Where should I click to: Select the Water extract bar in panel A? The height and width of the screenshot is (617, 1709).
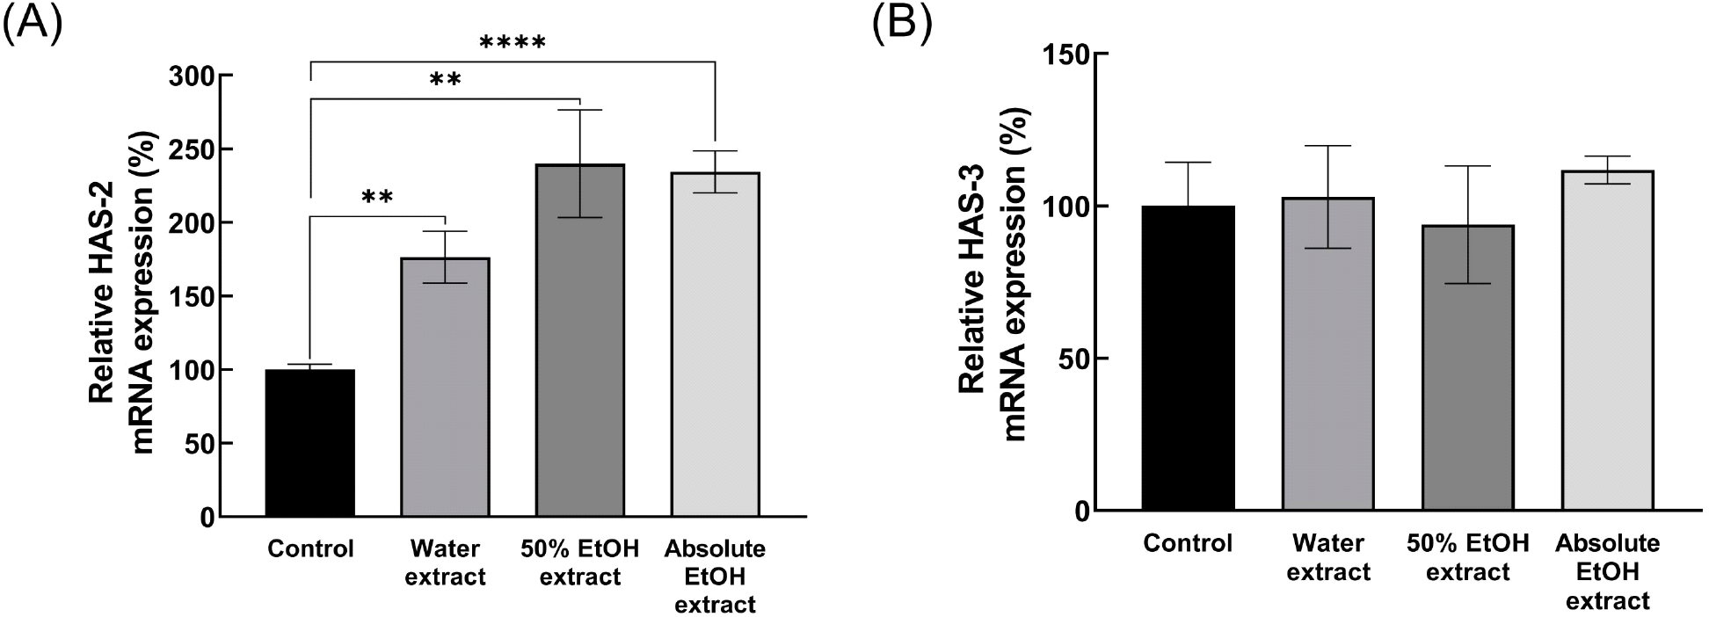click(446, 387)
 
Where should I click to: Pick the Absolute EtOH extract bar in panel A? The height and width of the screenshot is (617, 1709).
click(715, 344)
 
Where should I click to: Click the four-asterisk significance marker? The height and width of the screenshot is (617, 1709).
click(513, 42)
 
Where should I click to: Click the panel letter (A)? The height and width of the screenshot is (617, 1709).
click(33, 25)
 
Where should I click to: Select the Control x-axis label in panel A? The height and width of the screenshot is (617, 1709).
click(310, 549)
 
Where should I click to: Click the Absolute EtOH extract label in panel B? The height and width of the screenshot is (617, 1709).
click(1608, 571)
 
